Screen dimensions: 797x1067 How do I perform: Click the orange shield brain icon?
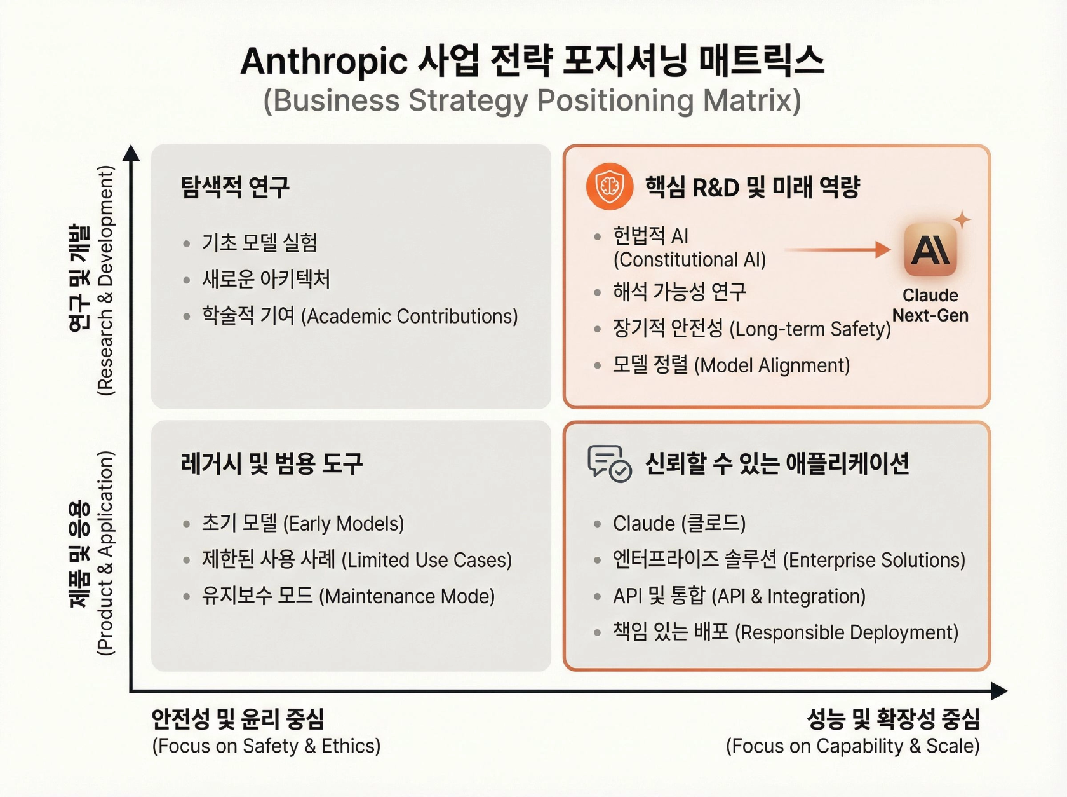[x=609, y=186]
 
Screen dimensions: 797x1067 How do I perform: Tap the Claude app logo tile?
[x=930, y=250]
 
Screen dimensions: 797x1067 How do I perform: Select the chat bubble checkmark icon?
[x=609, y=463]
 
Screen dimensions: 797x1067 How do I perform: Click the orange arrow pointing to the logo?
[x=838, y=250]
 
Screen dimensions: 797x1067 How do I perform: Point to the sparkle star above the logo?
[x=962, y=220]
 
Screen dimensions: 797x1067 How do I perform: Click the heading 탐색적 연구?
[x=235, y=187]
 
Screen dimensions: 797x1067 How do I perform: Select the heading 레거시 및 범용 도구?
[x=272, y=463]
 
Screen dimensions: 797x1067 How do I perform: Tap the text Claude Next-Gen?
[x=930, y=306]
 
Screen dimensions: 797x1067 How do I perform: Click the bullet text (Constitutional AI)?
[x=689, y=260]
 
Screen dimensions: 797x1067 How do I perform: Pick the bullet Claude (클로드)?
[x=678, y=523]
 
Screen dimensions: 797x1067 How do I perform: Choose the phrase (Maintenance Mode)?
[x=406, y=596]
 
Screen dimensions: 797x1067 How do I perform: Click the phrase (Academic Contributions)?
[x=409, y=316]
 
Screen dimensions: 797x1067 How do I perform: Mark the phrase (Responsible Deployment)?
[x=846, y=632]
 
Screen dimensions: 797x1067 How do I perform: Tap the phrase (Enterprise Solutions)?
[x=874, y=560]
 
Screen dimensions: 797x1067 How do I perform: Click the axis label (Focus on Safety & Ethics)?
[x=266, y=746]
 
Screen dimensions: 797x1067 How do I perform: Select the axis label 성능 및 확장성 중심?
[x=893, y=719]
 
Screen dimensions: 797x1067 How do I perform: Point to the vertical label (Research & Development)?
[x=105, y=280]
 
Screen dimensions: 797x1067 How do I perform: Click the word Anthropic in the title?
[x=324, y=62]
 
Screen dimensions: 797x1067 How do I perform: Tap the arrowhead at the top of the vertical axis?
[x=131, y=153]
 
